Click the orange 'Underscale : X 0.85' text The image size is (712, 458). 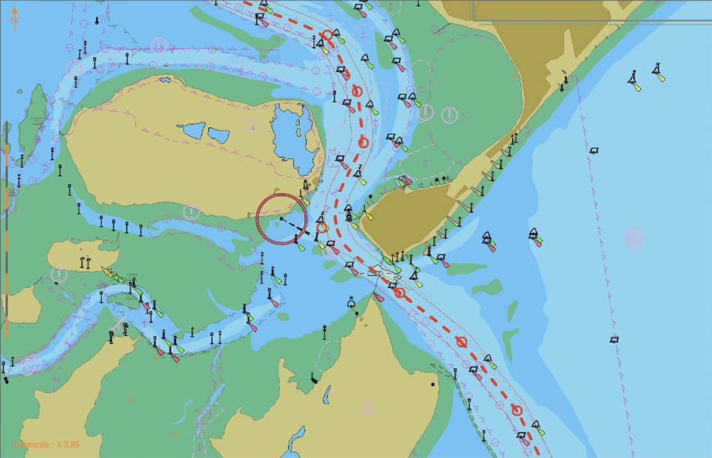coord(44,444)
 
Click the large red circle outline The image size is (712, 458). coord(283,219)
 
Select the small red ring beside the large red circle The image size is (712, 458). coord(322,228)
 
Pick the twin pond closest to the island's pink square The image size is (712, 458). coord(218,135)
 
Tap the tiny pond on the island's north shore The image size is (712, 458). coord(164,80)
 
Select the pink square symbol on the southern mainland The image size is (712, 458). coord(367,408)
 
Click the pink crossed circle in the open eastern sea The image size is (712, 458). coord(634,238)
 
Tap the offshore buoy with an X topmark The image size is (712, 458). coord(657,72)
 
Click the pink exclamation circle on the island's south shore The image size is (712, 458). coord(192,212)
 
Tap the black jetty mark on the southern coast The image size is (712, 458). coord(313,378)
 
